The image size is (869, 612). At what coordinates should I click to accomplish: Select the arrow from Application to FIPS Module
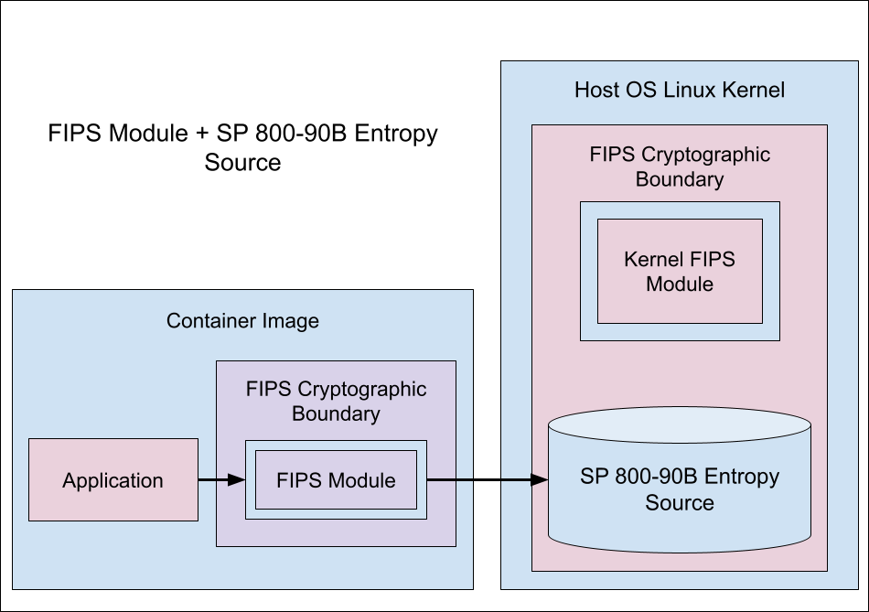(x=220, y=479)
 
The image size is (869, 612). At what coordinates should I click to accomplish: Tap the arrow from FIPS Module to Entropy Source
(x=485, y=479)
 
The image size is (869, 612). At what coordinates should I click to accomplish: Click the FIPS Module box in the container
(x=336, y=480)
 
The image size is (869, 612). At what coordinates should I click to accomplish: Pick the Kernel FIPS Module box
(x=679, y=271)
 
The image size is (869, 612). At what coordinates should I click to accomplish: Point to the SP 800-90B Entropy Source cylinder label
(x=679, y=489)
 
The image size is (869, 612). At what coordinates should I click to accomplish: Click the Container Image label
(x=242, y=321)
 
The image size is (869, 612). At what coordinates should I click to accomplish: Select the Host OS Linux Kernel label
(x=679, y=90)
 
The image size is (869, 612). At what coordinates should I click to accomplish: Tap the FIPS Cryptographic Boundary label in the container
(x=336, y=401)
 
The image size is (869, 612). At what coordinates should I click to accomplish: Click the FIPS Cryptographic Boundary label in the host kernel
(x=679, y=166)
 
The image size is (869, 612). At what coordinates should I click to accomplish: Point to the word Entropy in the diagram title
(x=396, y=134)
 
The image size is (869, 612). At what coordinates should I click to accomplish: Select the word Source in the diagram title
(x=242, y=163)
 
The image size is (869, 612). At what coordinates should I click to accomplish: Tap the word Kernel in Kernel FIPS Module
(x=650, y=259)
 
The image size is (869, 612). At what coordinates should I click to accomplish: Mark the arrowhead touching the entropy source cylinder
(x=540, y=479)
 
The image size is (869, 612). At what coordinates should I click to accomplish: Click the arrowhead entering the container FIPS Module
(x=238, y=479)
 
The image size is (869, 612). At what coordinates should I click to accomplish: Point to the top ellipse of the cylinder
(x=679, y=426)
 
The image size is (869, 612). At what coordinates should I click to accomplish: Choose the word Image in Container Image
(x=289, y=321)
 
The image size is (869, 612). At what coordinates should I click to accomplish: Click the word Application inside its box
(x=113, y=480)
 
